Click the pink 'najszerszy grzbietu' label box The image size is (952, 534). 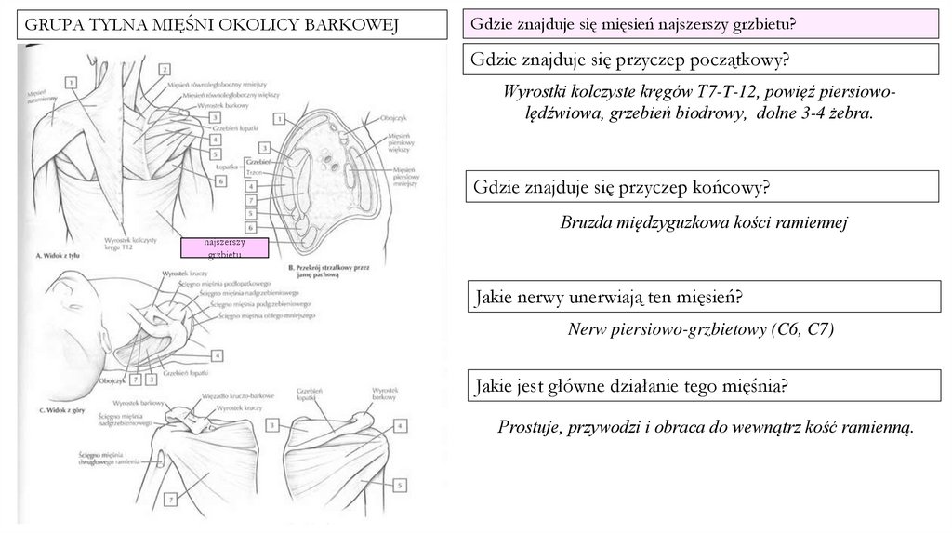[225, 247]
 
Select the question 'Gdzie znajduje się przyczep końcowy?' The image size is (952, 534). [622, 187]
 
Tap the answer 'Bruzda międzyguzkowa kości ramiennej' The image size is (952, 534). [705, 223]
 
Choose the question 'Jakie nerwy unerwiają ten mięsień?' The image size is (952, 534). [608, 298]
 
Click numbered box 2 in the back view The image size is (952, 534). [163, 68]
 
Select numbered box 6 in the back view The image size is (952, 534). [220, 181]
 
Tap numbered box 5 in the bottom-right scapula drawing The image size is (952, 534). [400, 484]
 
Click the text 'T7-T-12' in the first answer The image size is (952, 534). [728, 92]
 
